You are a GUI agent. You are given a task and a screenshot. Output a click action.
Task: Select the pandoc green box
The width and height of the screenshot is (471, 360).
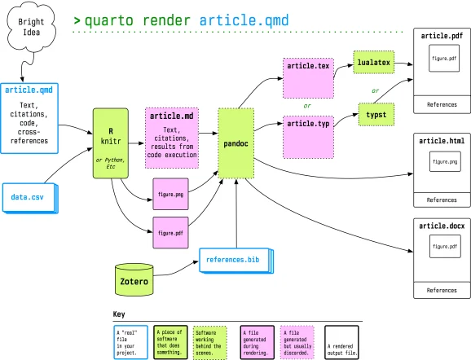pos(236,142)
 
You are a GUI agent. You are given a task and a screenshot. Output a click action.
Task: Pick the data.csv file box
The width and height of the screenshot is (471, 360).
pos(29,197)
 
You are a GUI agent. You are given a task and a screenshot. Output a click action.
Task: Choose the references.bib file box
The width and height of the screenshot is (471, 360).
pos(235,259)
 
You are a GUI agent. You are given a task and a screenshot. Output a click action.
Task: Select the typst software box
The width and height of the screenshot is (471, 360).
pos(375,116)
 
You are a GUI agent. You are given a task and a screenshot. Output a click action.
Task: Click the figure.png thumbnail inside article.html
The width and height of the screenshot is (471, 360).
pos(442,163)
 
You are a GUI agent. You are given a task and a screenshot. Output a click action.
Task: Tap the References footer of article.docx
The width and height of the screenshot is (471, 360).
pos(442,289)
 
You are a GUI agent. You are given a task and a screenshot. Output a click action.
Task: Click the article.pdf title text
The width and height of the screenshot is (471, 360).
pos(442,36)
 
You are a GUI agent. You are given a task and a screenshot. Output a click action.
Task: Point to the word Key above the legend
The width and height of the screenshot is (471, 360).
pos(119,314)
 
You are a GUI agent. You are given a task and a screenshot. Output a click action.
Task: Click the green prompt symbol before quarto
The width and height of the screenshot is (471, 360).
pos(77,19)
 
